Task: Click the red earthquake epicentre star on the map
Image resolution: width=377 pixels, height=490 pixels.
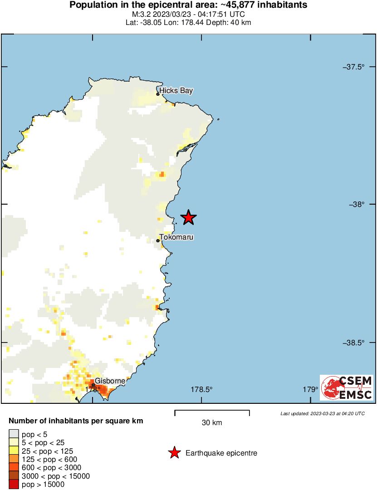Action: [188, 218]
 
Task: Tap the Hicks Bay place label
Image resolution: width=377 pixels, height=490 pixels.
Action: [176, 91]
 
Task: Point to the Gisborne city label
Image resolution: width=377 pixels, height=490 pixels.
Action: [110, 381]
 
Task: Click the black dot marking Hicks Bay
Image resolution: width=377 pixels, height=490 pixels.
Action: [158, 94]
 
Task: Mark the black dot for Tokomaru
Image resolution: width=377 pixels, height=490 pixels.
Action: [158, 240]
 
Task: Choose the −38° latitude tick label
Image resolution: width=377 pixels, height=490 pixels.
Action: [356, 205]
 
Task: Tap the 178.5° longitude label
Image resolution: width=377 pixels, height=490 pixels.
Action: [201, 389]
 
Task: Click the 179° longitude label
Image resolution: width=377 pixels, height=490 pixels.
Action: [310, 389]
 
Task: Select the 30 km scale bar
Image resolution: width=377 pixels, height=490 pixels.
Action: [212, 413]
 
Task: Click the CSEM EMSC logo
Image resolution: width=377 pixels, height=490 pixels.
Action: [347, 387]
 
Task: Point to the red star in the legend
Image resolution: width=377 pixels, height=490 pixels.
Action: [174, 453]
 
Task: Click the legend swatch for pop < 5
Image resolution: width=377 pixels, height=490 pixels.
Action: [14, 434]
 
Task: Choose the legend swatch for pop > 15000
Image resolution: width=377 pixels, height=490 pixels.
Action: [14, 484]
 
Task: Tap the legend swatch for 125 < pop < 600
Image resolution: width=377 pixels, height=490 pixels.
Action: [14, 459]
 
